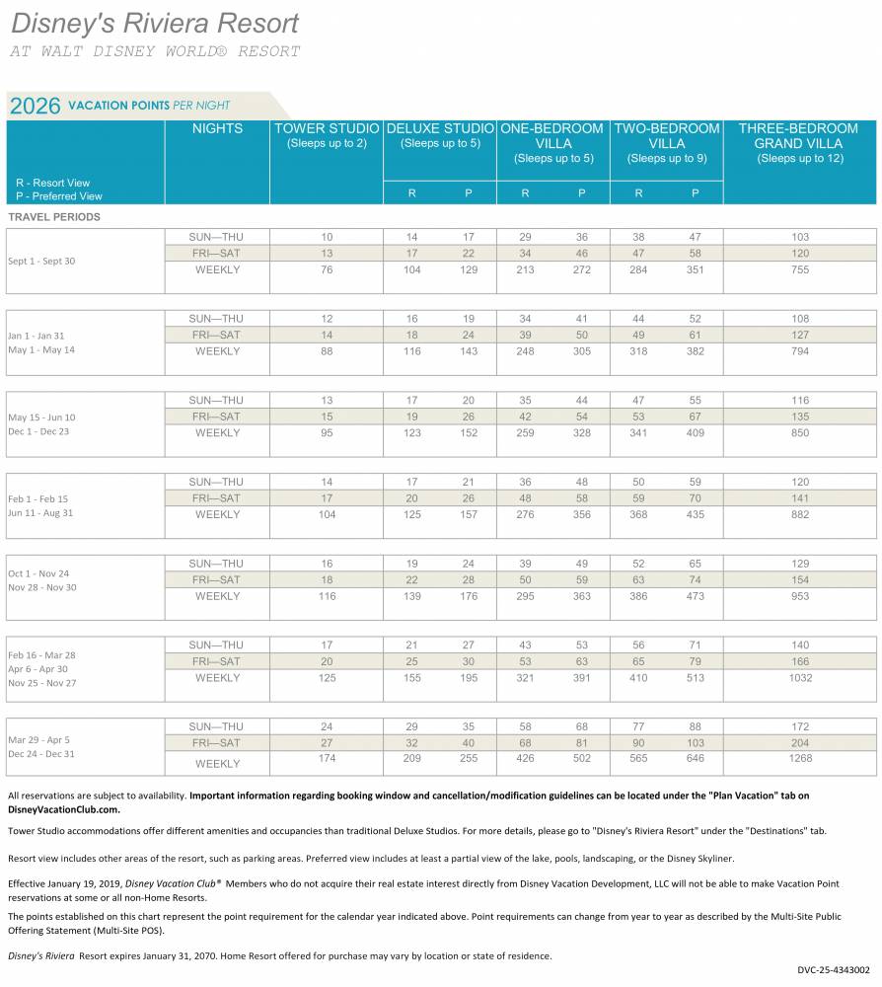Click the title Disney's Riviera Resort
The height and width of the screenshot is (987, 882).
click(155, 24)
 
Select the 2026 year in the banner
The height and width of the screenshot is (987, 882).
click(36, 106)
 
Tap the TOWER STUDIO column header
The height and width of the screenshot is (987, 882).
click(327, 128)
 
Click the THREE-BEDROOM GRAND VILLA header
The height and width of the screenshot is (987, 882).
click(799, 135)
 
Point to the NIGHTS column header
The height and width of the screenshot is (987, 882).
click(217, 128)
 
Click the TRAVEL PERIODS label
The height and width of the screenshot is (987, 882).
click(54, 217)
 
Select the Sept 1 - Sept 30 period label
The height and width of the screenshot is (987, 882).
click(41, 262)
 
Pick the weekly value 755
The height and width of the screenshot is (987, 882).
click(800, 270)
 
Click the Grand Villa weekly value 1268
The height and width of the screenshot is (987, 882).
click(800, 758)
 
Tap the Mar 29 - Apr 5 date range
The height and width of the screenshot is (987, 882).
click(39, 740)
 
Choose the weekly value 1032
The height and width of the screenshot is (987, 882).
click(800, 678)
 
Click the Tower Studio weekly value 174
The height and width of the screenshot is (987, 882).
click(327, 758)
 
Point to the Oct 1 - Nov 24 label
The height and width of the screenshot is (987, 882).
click(39, 574)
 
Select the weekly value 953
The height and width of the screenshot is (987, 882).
click(800, 596)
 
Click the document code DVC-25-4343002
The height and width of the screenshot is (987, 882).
click(834, 970)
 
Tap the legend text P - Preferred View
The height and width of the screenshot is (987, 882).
click(59, 196)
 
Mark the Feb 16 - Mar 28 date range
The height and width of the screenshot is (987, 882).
click(42, 655)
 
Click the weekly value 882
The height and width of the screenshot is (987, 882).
click(800, 515)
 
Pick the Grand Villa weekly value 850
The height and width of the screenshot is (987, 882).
click(800, 433)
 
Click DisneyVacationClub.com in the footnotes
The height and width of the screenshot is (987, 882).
click(63, 809)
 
